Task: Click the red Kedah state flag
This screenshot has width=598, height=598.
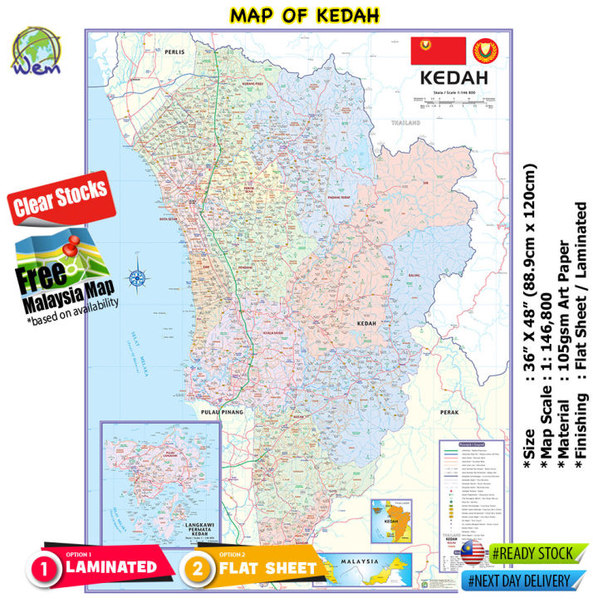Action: (439, 51)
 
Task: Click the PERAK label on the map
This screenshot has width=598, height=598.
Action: (449, 410)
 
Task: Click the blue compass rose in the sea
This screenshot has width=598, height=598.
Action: (137, 279)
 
